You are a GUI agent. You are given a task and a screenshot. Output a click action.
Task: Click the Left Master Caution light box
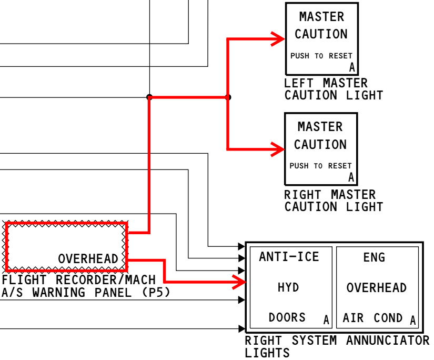(x=321, y=38)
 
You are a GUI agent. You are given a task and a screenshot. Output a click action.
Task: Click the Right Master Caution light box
(x=320, y=148)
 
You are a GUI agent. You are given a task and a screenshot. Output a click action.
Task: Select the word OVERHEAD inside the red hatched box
(x=88, y=259)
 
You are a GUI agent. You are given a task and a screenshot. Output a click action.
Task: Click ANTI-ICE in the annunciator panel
(x=289, y=257)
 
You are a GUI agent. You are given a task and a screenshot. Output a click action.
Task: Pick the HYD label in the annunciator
(x=288, y=287)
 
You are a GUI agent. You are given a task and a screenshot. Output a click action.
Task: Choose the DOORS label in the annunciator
(x=287, y=317)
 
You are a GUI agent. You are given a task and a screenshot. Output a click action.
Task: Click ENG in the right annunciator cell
(x=374, y=257)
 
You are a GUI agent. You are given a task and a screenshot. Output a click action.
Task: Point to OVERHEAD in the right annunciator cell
(x=376, y=288)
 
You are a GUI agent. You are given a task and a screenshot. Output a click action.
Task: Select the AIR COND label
(x=372, y=318)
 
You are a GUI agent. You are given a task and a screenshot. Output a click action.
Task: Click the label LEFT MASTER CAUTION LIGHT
(x=333, y=89)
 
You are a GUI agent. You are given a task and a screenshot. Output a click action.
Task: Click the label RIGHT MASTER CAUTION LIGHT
(x=333, y=201)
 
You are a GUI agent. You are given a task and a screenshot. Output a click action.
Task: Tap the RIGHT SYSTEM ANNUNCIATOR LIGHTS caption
(x=337, y=346)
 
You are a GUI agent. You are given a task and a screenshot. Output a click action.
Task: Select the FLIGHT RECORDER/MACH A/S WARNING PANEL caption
(x=86, y=286)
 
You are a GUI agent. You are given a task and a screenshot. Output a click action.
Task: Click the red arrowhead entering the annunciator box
(x=241, y=282)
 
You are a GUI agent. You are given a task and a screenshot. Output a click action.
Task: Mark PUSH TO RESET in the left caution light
(x=321, y=56)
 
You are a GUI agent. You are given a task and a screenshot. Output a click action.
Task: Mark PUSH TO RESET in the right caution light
(x=320, y=166)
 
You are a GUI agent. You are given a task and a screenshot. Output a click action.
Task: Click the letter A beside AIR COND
(x=413, y=320)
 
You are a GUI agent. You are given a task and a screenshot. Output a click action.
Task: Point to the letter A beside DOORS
(x=326, y=320)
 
